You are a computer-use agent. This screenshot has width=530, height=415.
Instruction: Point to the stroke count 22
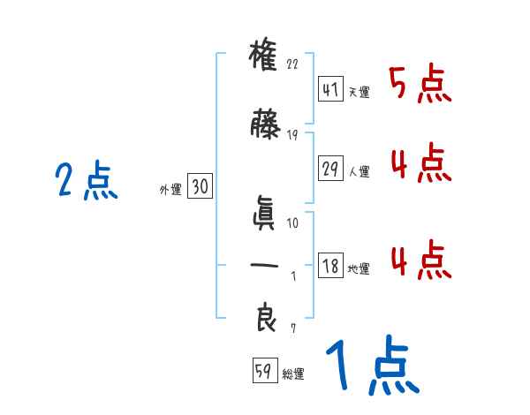pos(293,64)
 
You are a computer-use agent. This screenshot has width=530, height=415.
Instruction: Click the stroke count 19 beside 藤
pos(293,134)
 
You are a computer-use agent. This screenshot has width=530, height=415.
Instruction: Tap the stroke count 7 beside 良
pos(293,328)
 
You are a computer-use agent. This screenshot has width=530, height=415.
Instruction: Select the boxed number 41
pos(329,89)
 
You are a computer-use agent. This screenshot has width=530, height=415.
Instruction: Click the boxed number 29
pos(329,168)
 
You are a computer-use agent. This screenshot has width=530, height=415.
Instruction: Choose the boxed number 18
pos(329,266)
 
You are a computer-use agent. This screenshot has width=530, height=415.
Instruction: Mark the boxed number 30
pos(200,186)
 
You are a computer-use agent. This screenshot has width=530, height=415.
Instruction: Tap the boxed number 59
pos(263,372)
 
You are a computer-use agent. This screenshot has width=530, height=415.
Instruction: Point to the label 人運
pos(360,171)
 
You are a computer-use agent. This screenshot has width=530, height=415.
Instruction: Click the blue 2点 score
pos(86,182)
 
